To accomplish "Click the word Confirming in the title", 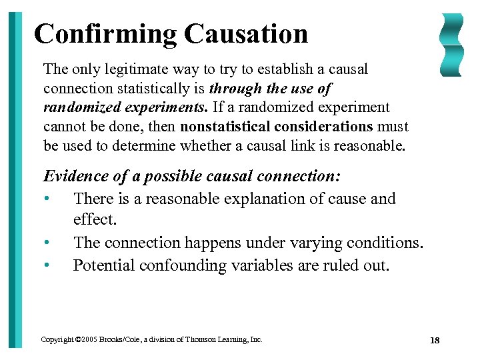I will click(x=103, y=33).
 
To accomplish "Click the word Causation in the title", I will click(x=246, y=33).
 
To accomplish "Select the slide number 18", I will click(x=435, y=341).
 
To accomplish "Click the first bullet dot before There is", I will click(x=47, y=199).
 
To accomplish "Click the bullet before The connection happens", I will click(x=47, y=243).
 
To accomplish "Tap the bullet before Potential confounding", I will click(x=47, y=265).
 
